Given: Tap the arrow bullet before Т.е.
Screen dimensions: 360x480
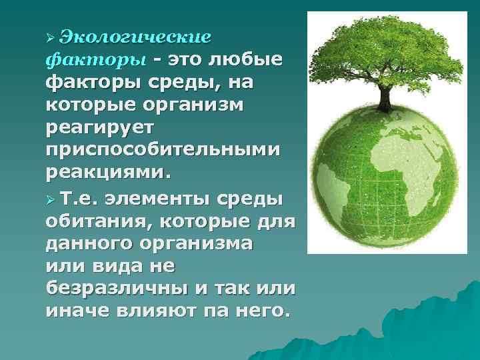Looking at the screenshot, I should point(51,198).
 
